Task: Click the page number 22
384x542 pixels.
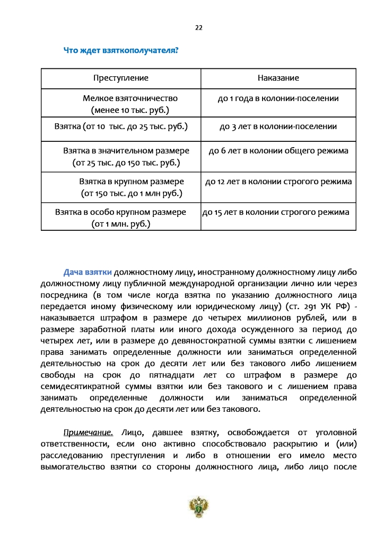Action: (199, 28)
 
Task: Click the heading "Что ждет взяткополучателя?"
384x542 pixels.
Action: (120, 50)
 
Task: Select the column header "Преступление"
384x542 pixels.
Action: (121, 78)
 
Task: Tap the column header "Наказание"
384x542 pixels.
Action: (278, 78)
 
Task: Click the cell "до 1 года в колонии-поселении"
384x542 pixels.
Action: (278, 98)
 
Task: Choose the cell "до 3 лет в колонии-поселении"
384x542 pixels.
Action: (278, 127)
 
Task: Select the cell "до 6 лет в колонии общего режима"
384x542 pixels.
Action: (278, 151)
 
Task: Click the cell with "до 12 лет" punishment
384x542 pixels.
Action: (278, 182)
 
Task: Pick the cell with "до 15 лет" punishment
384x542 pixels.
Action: (276, 212)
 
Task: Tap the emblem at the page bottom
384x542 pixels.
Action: (199, 507)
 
